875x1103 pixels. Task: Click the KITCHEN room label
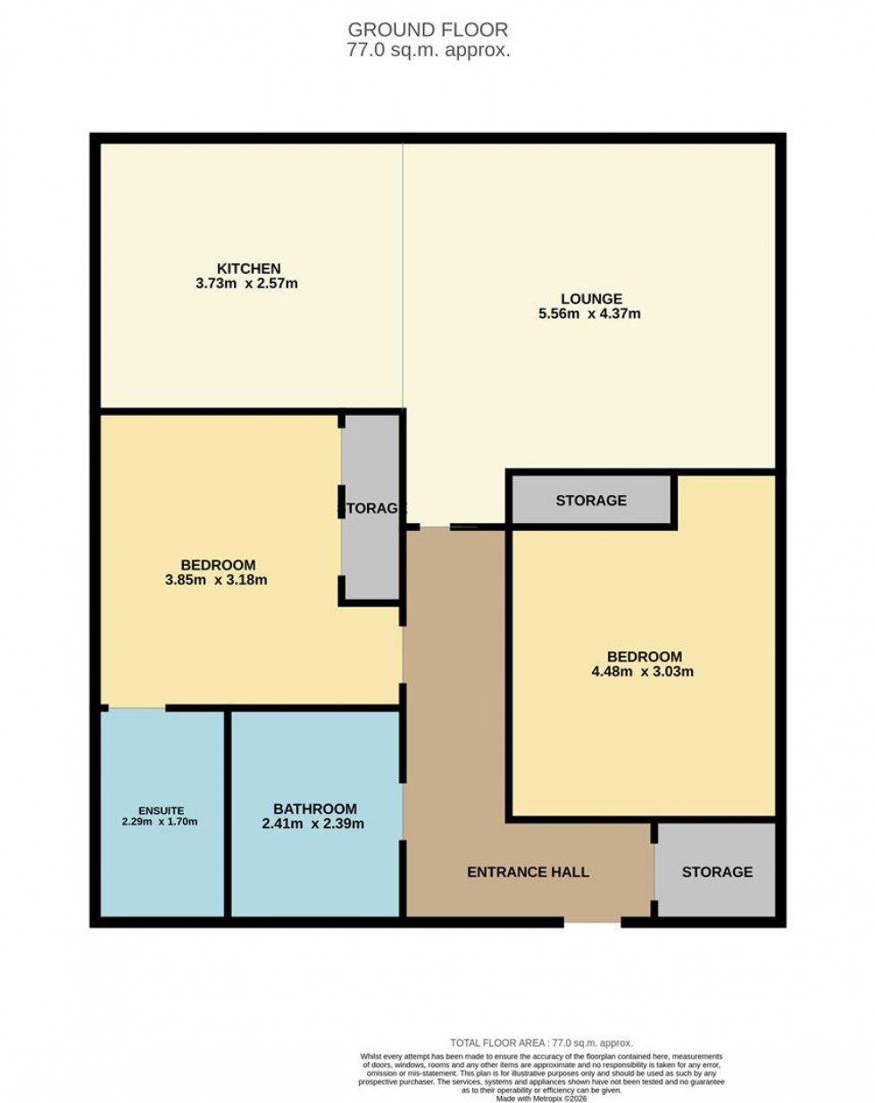249,269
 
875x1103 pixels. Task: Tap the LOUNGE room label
591,299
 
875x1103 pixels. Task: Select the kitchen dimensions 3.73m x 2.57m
246,284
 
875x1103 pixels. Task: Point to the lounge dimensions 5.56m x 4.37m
589,314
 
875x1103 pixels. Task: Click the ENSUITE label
161,810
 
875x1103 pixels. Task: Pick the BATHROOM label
315,809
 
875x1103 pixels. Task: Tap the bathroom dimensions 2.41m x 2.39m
312,824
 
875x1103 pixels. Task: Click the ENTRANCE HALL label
528,872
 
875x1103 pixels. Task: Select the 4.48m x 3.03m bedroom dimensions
642,672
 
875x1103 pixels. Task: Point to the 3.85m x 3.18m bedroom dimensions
218,580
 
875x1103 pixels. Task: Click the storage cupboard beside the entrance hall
716,871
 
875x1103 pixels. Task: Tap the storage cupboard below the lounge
590,501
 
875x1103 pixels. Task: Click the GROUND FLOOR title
429,30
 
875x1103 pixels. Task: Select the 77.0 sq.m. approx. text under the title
429,51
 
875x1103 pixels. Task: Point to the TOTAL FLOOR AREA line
541,1042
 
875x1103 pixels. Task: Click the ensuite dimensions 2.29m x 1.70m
160,821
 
